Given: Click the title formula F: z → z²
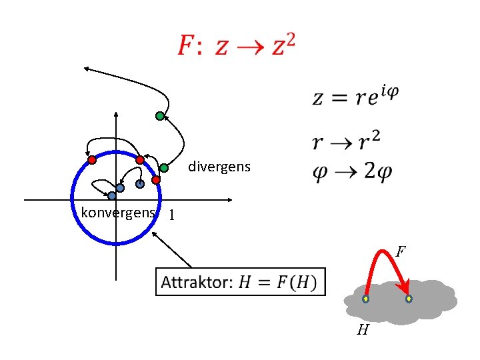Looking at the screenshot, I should [236, 45].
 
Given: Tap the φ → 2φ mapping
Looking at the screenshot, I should [352, 171].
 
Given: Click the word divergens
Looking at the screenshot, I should [219, 167].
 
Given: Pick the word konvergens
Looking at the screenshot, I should [117, 213].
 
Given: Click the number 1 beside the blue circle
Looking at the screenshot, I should [172, 216].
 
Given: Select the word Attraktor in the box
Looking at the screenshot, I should [195, 283].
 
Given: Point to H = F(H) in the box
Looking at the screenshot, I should [280, 283].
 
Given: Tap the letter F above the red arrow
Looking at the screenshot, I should [400, 251].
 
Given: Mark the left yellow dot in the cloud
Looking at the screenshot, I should [366, 299].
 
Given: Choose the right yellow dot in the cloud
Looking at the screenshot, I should [409, 299].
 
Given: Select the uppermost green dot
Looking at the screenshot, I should [159, 116].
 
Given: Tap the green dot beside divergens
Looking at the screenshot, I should [163, 168].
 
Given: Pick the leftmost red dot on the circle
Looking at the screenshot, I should [92, 160].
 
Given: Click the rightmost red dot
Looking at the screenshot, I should [156, 180].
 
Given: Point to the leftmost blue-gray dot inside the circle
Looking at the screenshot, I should [112, 196].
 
